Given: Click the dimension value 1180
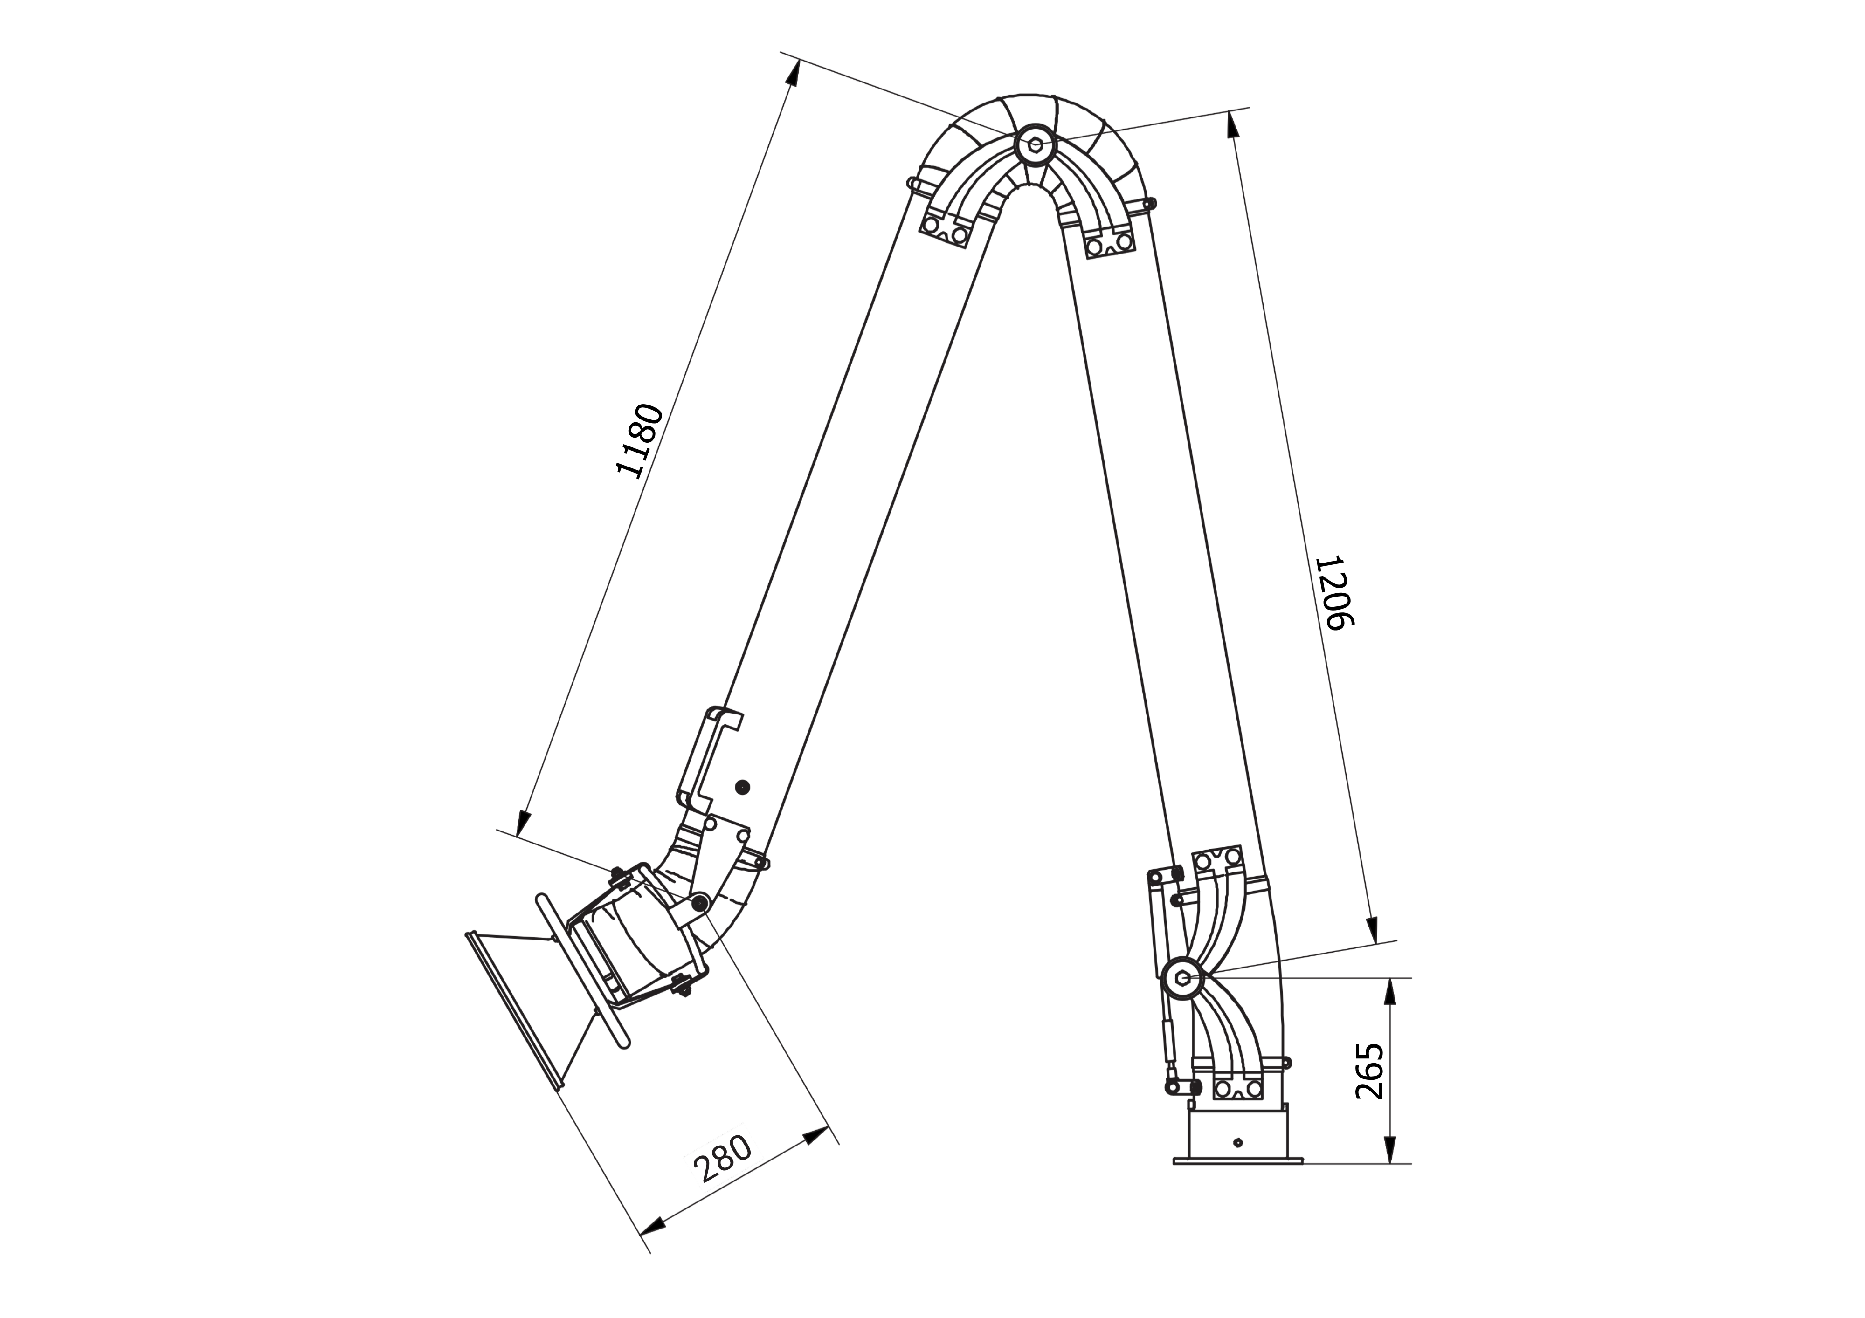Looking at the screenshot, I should coord(641,439).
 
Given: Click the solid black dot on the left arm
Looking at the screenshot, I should coord(742,786).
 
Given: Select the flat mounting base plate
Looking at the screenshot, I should coord(1238,1162).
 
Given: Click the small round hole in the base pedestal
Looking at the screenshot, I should coord(1238,1143).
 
